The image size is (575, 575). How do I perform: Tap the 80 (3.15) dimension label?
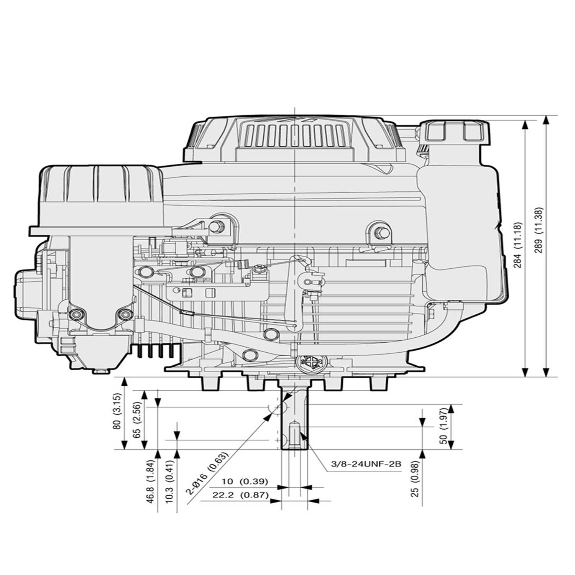pyautogui.click(x=117, y=414)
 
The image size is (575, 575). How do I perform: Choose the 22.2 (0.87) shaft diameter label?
pyautogui.click(x=240, y=495)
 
